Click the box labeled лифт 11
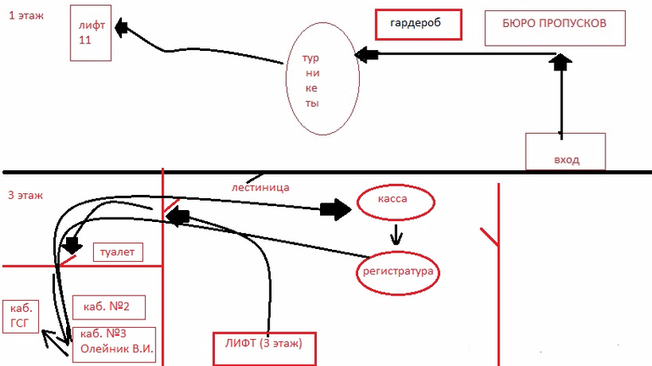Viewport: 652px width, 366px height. click(91, 34)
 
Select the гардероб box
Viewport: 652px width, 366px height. click(418, 24)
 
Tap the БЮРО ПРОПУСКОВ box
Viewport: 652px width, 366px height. click(555, 28)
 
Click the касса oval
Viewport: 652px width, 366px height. click(395, 201)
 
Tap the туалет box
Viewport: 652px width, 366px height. click(116, 252)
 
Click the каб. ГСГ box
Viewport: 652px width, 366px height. click(20, 314)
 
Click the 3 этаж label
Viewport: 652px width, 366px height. click(25, 195)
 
